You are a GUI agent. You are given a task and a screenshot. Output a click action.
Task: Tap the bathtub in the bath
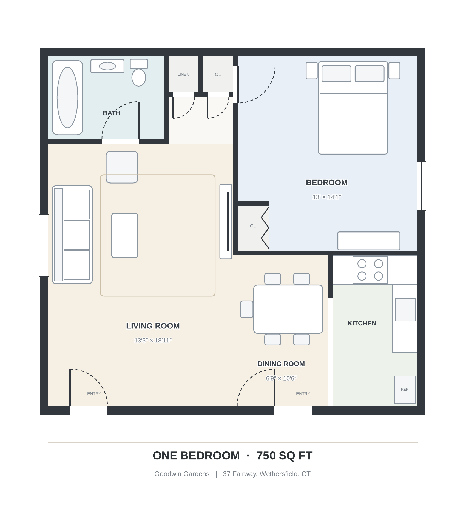(67, 98)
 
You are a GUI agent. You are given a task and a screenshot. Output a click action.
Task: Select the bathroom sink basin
(107, 66)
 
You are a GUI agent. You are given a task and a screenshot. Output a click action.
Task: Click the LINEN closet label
(183, 74)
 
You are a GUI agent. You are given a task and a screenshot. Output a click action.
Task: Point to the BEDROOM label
(327, 182)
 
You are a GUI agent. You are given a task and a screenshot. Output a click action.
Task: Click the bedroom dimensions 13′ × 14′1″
(327, 197)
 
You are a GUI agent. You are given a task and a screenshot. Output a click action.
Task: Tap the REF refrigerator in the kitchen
(405, 390)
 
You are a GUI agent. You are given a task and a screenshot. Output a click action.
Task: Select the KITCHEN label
(362, 323)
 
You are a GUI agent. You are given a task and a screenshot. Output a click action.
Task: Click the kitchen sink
(405, 310)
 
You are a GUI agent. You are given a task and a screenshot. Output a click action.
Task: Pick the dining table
(288, 309)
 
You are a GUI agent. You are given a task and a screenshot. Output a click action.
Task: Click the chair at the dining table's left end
(247, 309)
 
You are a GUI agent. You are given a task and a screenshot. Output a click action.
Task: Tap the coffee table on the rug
(125, 235)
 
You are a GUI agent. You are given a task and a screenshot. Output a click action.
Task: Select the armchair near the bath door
(122, 167)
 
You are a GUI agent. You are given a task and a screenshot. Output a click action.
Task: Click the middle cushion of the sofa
(77, 235)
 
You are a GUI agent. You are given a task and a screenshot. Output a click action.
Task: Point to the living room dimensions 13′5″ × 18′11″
(153, 341)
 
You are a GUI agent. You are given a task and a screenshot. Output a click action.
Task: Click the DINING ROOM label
(281, 364)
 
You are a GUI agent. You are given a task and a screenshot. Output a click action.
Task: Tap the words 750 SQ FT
(285, 456)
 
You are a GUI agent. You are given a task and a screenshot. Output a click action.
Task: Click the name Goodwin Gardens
(182, 474)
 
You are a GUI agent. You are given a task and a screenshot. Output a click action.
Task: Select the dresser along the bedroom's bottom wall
(369, 241)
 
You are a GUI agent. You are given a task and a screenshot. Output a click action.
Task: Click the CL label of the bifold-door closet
(253, 226)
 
